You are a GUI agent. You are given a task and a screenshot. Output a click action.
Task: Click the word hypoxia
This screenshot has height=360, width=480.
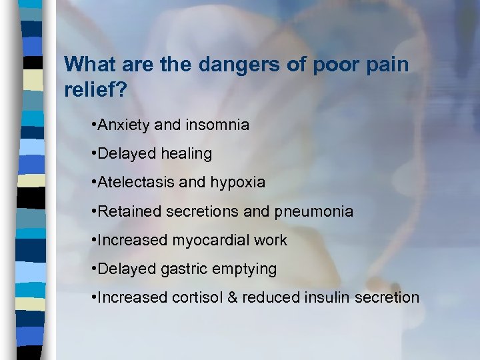tap(237, 182)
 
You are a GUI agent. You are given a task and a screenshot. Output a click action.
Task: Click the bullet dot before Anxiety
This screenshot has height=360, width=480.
tap(94, 125)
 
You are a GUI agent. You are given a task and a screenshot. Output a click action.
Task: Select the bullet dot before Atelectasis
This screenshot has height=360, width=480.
tap(94, 182)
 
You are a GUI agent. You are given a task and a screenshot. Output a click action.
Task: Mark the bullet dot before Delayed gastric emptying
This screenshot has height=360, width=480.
tap(94, 269)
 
